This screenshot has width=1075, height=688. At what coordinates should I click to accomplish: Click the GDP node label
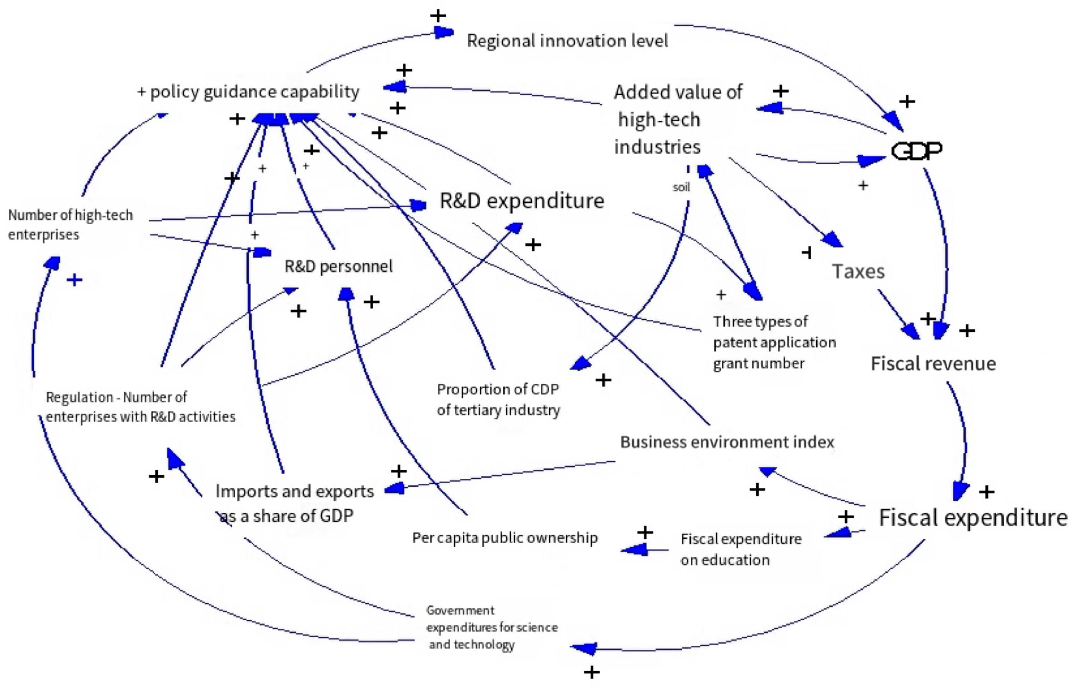[916, 150]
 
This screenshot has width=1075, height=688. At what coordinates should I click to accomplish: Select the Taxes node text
[858, 272]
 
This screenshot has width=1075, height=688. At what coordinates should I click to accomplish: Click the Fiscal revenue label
[933, 363]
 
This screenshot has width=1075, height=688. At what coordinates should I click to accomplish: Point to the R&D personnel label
[338, 267]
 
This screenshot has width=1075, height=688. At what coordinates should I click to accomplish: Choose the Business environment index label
[727, 442]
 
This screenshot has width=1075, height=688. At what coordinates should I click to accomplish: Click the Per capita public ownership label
[504, 537]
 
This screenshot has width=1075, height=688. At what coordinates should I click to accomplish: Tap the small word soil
[681, 187]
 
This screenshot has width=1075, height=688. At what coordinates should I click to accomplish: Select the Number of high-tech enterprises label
[70, 224]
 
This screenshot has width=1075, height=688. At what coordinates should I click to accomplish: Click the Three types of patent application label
[774, 342]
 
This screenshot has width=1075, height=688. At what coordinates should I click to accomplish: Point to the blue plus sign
[75, 280]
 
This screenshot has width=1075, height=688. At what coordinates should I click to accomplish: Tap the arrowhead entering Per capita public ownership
[634, 550]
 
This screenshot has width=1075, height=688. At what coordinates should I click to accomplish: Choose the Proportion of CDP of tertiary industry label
[498, 399]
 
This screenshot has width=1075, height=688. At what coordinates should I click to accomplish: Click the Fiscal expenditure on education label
[740, 549]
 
